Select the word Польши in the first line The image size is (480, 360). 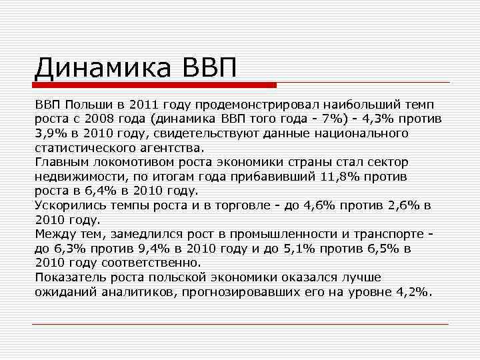tap(85, 105)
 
